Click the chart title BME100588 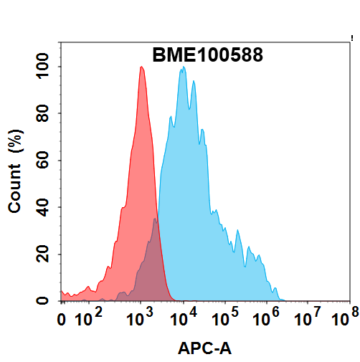pos(207,55)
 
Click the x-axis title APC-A pos(204,348)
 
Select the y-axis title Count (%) pos(16,171)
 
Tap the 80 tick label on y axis pos(42,113)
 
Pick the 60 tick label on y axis pos(42,161)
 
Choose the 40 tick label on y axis pos(42,207)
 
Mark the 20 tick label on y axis pos(42,254)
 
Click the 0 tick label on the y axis pos(42,300)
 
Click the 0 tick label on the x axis pos(62,320)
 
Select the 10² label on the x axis pos(88,316)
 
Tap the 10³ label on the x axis pos(140,316)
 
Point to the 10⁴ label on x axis pos(184,316)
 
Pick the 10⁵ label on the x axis pos(225,316)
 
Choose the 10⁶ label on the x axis pos(266,316)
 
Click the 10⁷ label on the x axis pos(308,316)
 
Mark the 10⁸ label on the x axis pos(345,316)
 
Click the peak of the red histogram pos(141,67)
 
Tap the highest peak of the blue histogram pos(184,67)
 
